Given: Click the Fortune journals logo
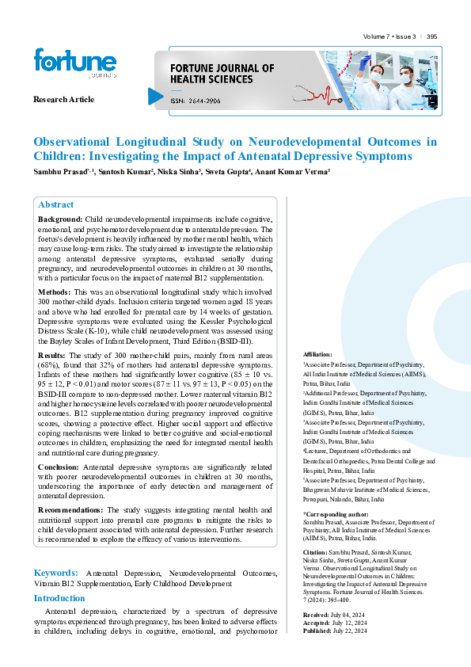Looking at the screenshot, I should pos(75,63).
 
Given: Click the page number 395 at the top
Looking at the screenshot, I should pos(431,36).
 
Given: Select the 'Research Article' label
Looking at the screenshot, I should pos(63,99).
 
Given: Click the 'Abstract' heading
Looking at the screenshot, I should pos(55,204).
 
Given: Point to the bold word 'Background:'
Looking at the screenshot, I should pos(60,219).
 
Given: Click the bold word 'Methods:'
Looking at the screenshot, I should pos(55,292).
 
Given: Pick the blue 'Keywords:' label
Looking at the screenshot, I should pos(55,572).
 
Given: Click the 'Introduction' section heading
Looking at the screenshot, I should pos(59,598).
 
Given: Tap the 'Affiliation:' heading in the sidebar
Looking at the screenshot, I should pos(317,354).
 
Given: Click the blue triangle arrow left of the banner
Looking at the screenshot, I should pos(155,97).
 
